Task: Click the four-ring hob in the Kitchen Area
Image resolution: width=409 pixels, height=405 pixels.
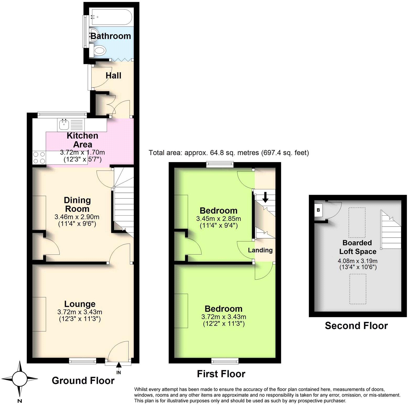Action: (39, 158)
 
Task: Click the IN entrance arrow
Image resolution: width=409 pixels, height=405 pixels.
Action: (119, 365)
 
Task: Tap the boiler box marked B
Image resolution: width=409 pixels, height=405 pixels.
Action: (318, 210)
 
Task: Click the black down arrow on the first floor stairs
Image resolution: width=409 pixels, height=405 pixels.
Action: (265, 197)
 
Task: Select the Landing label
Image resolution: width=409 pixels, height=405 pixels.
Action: (260, 250)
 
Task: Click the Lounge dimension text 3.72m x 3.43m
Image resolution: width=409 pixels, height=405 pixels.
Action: (80, 312)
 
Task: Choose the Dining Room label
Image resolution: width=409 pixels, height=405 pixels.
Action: (77, 204)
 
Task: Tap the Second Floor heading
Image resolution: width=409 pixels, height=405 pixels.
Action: (356, 326)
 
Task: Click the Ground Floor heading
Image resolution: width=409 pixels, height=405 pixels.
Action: (83, 381)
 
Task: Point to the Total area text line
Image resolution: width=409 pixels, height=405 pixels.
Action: (229, 153)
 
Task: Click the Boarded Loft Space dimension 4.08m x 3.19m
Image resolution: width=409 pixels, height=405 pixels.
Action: (358, 261)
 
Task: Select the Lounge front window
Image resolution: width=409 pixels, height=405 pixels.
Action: (83, 361)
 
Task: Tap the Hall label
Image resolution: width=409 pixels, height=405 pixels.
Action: (113, 76)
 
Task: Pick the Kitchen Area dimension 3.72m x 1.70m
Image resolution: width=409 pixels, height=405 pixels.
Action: (82, 152)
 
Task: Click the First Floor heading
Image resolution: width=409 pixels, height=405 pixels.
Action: (221, 374)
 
